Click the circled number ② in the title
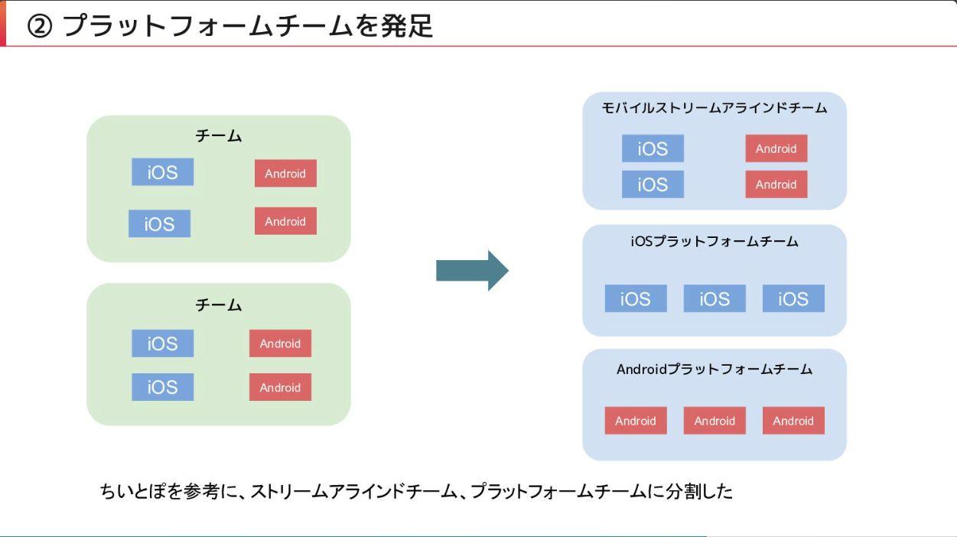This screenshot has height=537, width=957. tap(40, 26)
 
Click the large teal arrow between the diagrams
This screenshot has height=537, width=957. tap(472, 271)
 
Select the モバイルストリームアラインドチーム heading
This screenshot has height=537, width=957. tap(714, 108)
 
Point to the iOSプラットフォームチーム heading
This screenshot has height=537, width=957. tap(714, 242)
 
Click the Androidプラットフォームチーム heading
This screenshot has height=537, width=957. tap(714, 369)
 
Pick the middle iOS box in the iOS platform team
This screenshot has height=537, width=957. tap(714, 298)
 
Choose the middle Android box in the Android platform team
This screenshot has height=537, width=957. tap(714, 421)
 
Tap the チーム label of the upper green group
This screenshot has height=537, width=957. tap(218, 136)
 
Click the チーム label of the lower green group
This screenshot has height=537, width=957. tap(218, 305)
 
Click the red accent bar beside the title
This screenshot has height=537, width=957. tap(2, 23)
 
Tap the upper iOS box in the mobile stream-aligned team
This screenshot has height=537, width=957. tap(653, 148)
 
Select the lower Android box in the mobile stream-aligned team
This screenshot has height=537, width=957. tap(776, 184)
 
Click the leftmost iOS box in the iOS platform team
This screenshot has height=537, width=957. tap(636, 298)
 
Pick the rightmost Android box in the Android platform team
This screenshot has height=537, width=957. tap(793, 421)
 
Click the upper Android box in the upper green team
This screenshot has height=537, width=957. tap(285, 173)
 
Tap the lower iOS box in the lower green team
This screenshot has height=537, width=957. tap(162, 387)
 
